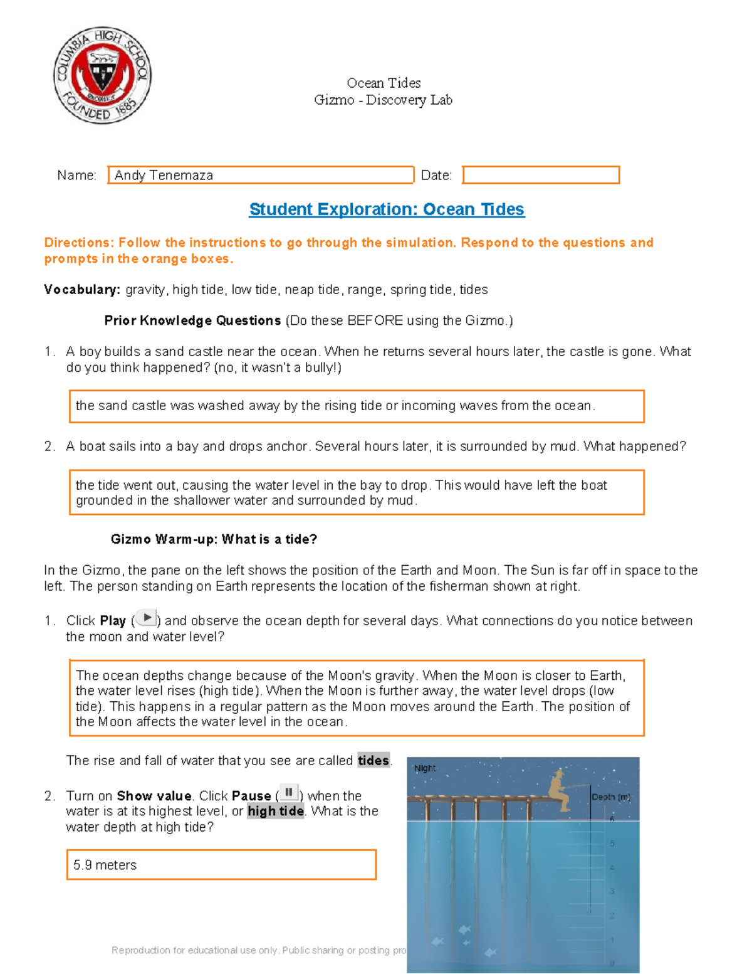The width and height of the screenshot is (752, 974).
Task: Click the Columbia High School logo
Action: pos(102,75)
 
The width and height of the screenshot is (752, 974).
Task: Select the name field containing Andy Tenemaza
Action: pos(261,175)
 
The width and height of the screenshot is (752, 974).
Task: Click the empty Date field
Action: pos(541,175)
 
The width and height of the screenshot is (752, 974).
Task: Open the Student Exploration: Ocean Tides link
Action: pos(387,209)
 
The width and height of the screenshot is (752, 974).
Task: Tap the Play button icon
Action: pos(146,618)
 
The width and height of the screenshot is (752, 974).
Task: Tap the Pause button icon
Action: pos(289,793)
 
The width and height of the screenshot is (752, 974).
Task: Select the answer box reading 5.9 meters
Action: pos(221,865)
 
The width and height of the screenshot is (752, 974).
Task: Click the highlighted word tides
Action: pos(373,761)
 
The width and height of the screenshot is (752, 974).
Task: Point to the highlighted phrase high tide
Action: pos(276,812)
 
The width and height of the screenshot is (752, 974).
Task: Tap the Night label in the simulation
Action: pos(425,768)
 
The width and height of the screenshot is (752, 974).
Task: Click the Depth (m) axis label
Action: pos(610,797)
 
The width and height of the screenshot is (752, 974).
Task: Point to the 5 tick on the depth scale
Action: pos(612,844)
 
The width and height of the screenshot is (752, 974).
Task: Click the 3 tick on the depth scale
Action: pos(612,891)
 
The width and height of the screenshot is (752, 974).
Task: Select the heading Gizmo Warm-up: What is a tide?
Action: pos(214,539)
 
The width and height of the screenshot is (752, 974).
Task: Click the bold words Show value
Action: pos(154,796)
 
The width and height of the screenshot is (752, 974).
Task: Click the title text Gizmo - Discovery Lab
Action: pos(383,100)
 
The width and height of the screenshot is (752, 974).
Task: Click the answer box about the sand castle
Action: pos(356,406)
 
